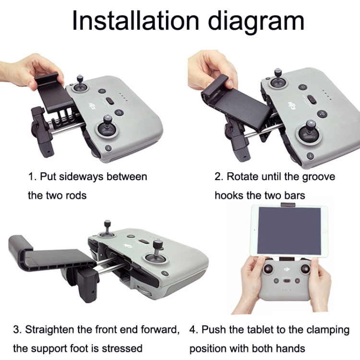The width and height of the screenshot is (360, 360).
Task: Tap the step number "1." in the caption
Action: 32,176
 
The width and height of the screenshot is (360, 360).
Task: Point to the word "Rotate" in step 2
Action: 242,176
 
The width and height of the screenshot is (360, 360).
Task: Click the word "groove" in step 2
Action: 317,176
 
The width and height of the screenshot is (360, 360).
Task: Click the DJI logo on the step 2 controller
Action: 291,105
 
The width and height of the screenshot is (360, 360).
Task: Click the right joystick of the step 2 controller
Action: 308,132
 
